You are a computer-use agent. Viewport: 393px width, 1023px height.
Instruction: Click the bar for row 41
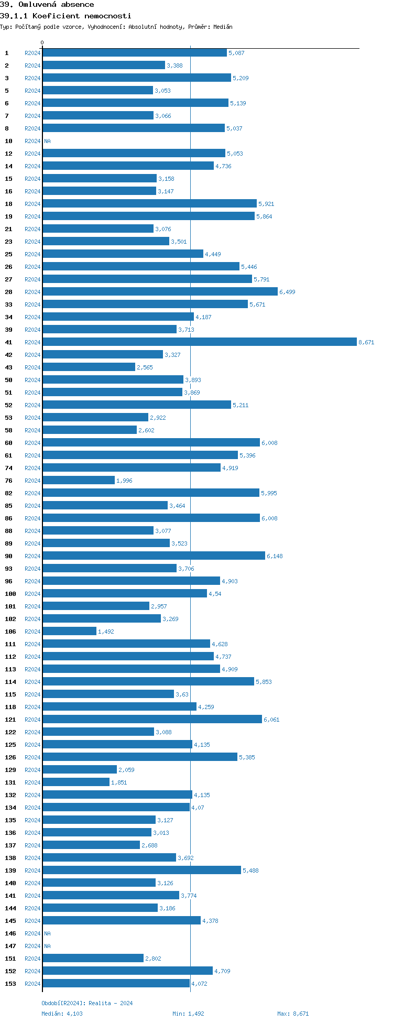200,342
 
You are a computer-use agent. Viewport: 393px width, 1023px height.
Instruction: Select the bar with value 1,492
70,632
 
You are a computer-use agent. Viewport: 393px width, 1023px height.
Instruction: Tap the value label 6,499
287,292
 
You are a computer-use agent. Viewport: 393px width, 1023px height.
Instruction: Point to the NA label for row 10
48,141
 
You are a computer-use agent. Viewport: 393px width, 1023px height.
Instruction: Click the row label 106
10,632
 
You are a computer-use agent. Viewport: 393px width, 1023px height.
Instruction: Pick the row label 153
10,984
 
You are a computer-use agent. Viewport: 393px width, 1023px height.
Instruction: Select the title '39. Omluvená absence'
47,4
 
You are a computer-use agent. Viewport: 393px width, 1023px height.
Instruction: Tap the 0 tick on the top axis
42,42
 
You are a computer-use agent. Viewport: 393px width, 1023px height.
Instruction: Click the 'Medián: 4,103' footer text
62,1014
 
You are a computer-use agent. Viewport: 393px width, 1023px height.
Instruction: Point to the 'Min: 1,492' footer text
188,1014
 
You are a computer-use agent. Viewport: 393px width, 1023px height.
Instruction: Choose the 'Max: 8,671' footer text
293,1014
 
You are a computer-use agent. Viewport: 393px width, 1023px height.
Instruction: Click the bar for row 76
79,481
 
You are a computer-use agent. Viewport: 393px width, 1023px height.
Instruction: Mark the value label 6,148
275,556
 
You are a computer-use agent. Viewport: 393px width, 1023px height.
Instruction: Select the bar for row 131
76,782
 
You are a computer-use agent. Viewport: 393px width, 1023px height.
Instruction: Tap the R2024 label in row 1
32,53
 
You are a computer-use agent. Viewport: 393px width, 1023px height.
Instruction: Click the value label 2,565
145,367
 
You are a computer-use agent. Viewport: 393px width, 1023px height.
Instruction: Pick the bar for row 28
160,292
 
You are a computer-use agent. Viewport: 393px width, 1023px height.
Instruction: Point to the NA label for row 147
48,946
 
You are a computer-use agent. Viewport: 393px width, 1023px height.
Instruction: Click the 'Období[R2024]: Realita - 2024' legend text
87,1003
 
